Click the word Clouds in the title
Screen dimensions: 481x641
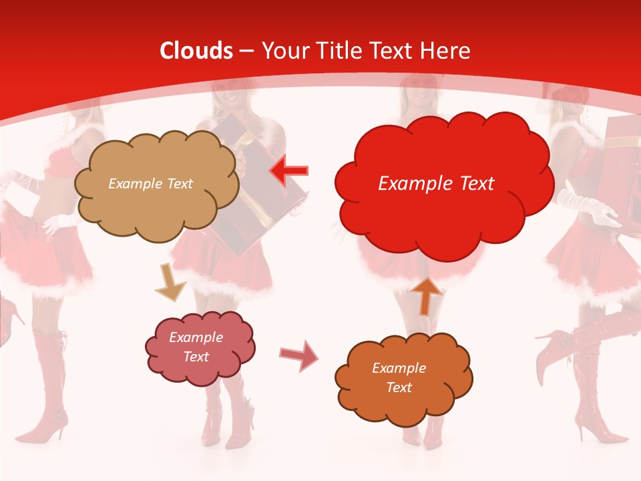pos(196,51)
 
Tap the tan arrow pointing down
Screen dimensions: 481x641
pos(170,282)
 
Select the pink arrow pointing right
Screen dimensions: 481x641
pos(298,355)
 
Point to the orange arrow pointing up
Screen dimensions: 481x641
pos(426,295)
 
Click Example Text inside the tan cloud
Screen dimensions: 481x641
pos(150,184)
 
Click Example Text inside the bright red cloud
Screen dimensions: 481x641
pos(436,184)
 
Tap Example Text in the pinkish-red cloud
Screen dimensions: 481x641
pos(196,347)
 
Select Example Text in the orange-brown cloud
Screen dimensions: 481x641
pos(399,377)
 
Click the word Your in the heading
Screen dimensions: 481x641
pos(280,51)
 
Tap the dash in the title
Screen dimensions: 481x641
pos(245,51)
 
